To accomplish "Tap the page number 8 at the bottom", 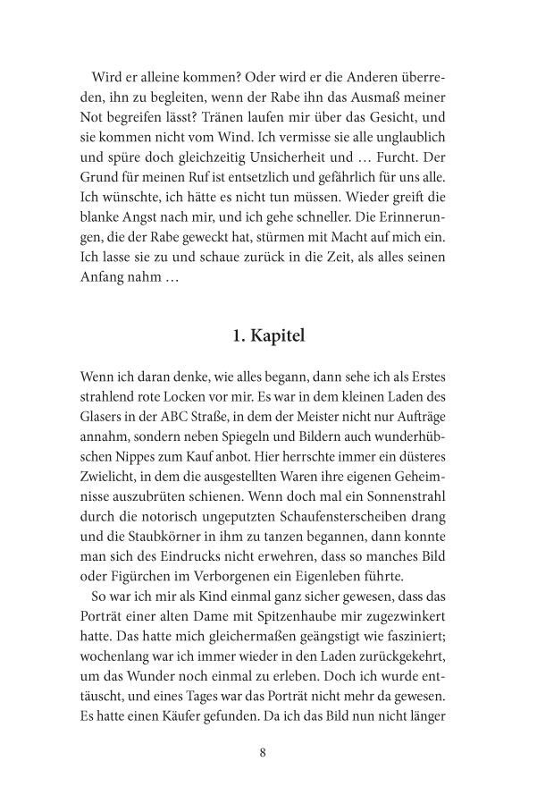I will click(x=263, y=752).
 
